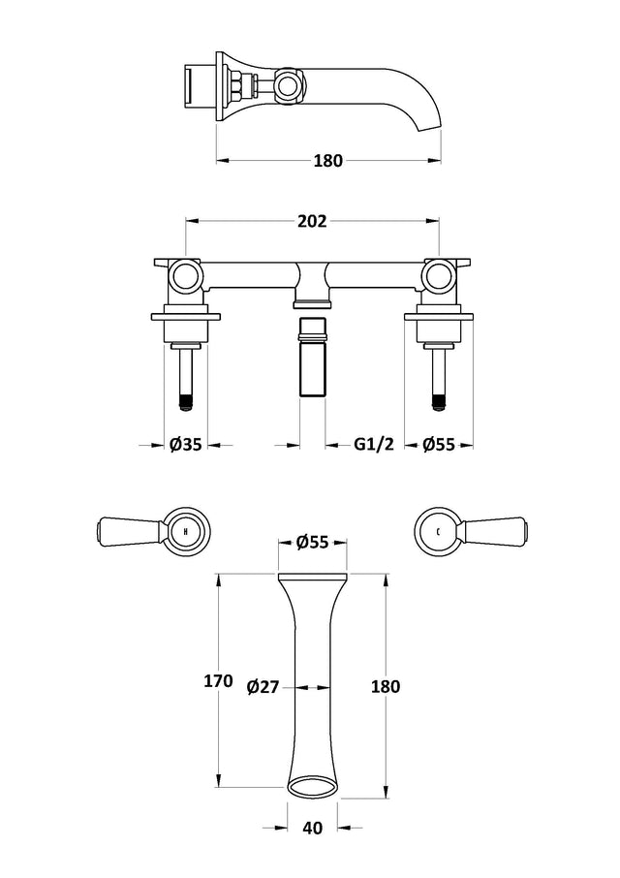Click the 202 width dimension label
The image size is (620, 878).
pos(312,221)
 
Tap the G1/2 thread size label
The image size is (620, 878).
pos(374,445)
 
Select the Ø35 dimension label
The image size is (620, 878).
pos(185,445)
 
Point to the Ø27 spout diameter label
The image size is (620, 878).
pos(263,686)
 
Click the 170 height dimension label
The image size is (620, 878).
pos(218,681)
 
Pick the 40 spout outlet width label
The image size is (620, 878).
pos(312,828)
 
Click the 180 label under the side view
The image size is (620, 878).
pos(327,161)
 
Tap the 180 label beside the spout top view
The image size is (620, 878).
pos(386,686)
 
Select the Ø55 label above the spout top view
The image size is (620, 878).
pos(312,542)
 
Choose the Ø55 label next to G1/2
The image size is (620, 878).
pos(439,445)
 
